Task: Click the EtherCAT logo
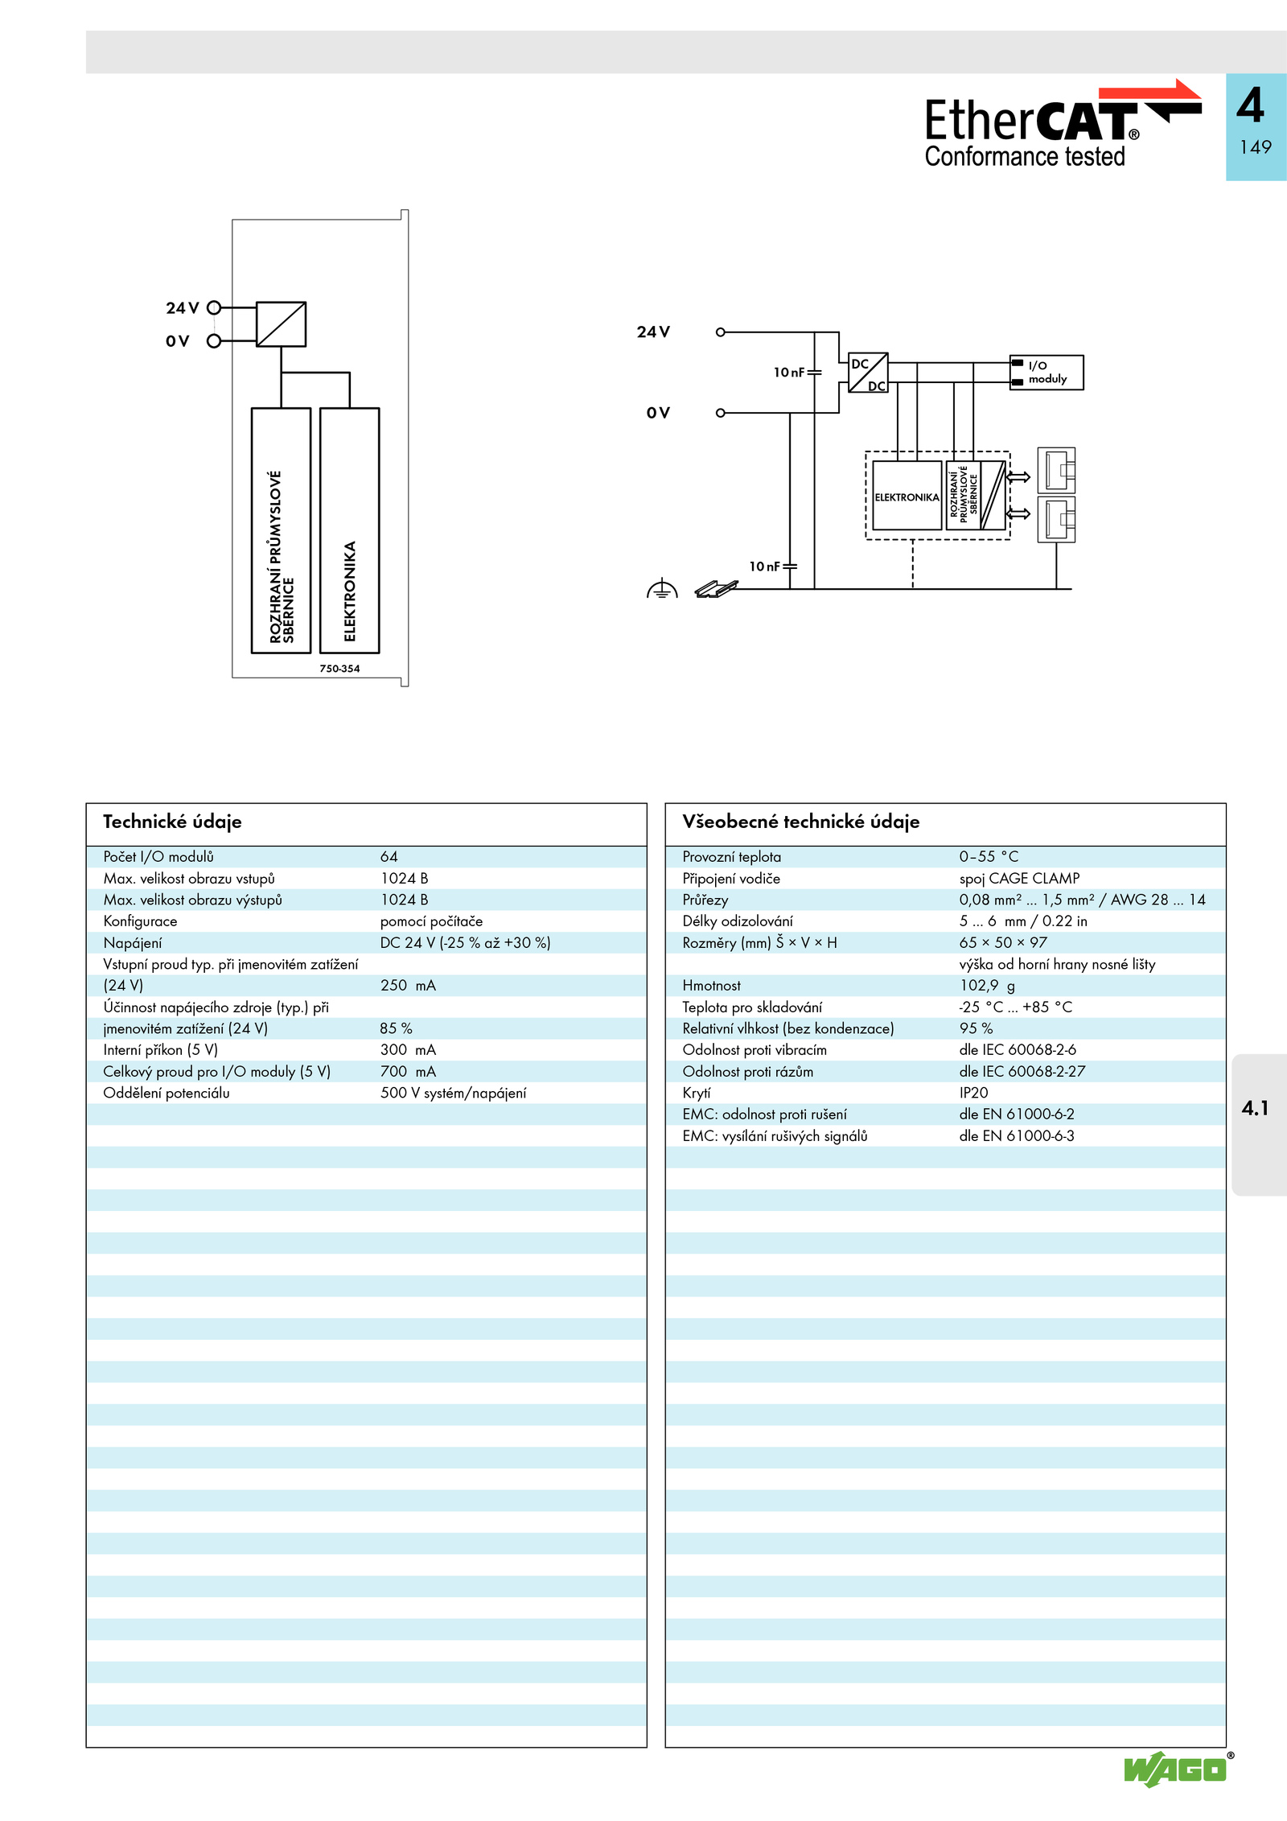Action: (x=1063, y=124)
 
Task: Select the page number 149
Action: (x=1255, y=147)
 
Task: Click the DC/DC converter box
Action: (x=868, y=373)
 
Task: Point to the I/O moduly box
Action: (x=1046, y=373)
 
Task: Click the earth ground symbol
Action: (x=662, y=590)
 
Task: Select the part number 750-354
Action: (x=339, y=669)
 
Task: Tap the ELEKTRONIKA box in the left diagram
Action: (x=349, y=530)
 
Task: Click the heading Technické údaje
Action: (x=172, y=822)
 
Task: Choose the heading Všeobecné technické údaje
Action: (x=800, y=822)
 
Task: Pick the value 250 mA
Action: (x=408, y=986)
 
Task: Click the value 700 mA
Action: (x=408, y=1072)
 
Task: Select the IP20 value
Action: (x=973, y=1093)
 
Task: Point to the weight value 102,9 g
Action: (x=987, y=986)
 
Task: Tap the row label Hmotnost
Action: (x=711, y=986)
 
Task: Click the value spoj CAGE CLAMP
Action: (x=1019, y=879)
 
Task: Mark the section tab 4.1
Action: (x=1255, y=1108)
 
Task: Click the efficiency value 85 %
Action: (x=396, y=1028)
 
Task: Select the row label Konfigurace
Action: (x=140, y=921)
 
